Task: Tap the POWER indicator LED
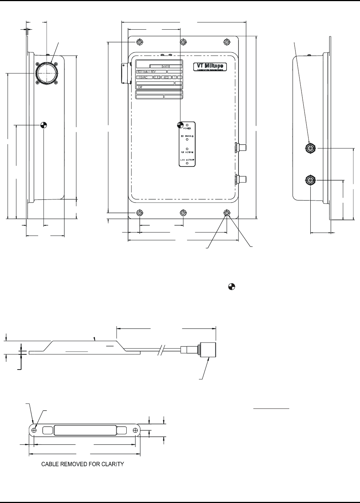point(187,125)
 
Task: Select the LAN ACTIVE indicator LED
point(187,163)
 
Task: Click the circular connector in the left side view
point(45,73)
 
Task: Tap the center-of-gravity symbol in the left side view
point(44,125)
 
